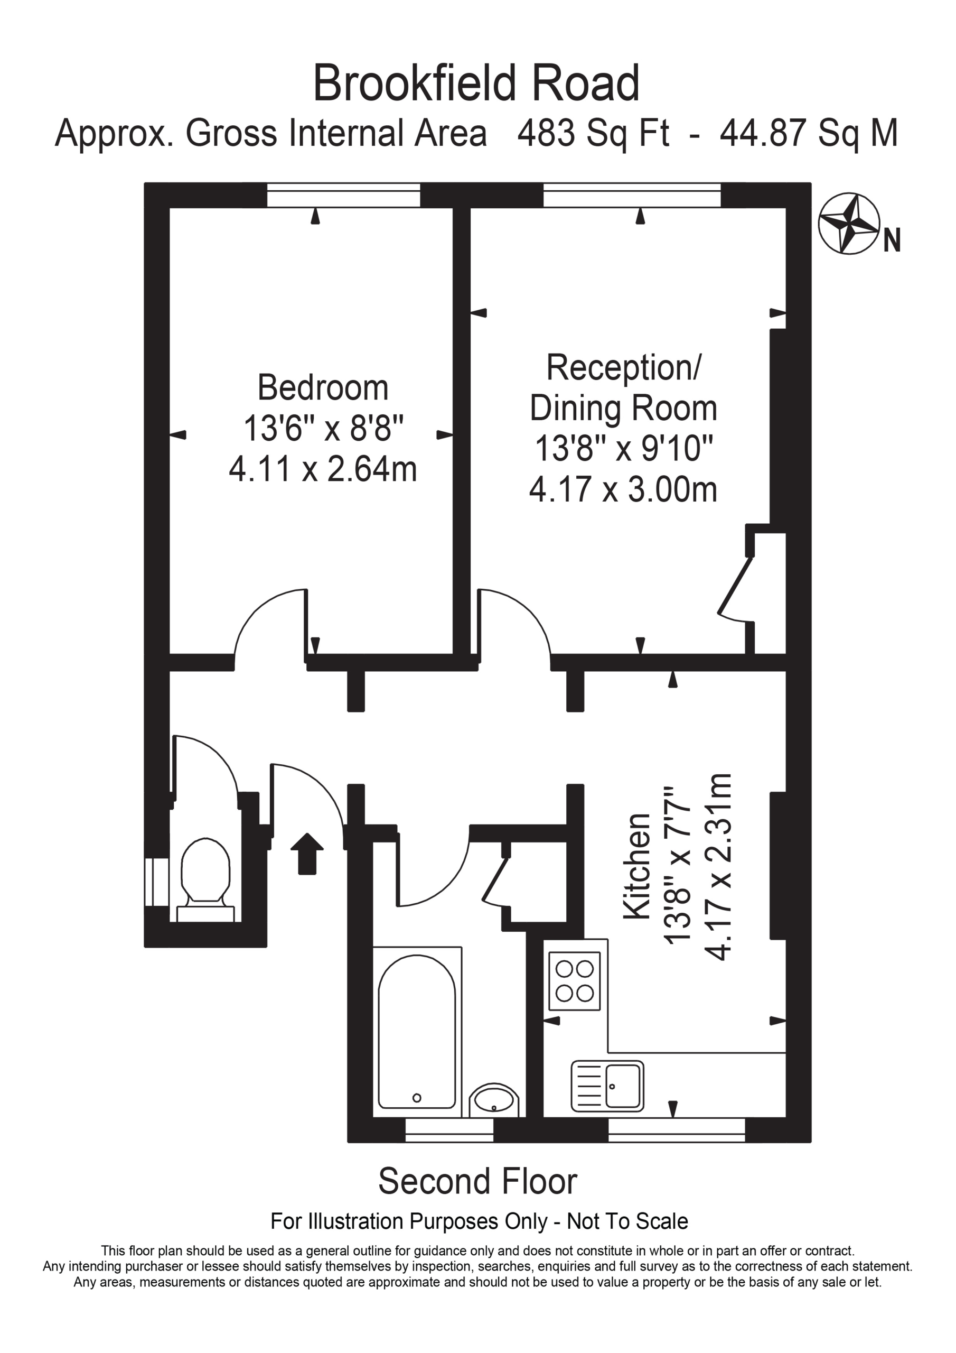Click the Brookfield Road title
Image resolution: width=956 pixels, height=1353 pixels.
pyautogui.click(x=476, y=84)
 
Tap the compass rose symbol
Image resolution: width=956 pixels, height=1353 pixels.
pyautogui.click(x=849, y=224)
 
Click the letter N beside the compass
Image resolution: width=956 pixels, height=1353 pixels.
pyautogui.click(x=892, y=240)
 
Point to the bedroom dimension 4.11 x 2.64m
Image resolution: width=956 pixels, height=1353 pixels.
pyautogui.click(x=323, y=469)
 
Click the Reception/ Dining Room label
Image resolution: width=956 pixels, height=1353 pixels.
pyautogui.click(x=623, y=387)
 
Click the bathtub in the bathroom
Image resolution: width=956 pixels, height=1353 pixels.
pyautogui.click(x=417, y=1032)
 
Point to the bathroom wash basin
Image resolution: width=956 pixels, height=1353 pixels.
pyautogui.click(x=494, y=1100)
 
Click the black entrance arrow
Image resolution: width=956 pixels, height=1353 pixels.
pyautogui.click(x=307, y=852)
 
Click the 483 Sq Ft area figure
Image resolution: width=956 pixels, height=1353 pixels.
pyautogui.click(x=593, y=133)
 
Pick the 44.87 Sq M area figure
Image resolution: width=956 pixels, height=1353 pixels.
pyautogui.click(x=809, y=133)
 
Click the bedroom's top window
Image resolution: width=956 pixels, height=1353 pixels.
pyautogui.click(x=343, y=195)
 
